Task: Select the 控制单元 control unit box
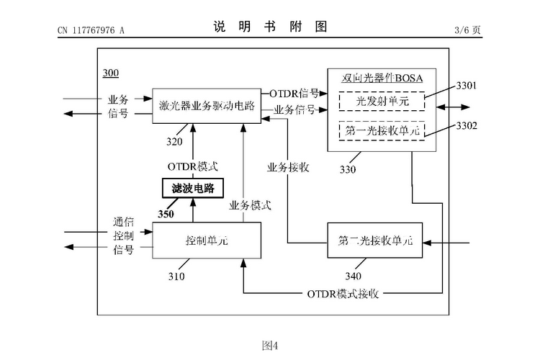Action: (x=207, y=238)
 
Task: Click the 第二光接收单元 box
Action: (x=375, y=238)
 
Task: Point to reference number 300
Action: (x=111, y=73)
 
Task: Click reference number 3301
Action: (x=467, y=86)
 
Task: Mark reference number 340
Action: (x=354, y=275)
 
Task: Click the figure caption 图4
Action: (x=270, y=345)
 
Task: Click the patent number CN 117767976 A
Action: (x=91, y=30)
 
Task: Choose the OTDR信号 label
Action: (x=294, y=93)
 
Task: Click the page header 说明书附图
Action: (x=271, y=27)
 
